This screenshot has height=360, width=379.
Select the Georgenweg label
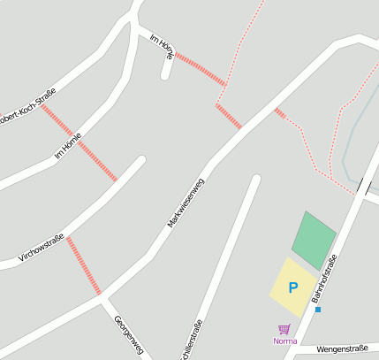coord(128,336)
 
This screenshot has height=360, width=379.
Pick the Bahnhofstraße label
coord(324,280)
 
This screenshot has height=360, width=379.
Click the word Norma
coord(285,341)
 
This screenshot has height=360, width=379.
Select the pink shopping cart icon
coord(284,329)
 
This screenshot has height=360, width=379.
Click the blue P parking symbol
coord(292,287)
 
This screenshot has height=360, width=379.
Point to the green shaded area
coord(314,239)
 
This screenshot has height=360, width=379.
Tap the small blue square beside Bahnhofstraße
coord(318,310)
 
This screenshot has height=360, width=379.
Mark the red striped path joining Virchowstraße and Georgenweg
coord(84,265)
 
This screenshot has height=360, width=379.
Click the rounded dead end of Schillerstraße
coord(256,180)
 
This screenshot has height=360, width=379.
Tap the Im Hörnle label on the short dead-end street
coord(163,47)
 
